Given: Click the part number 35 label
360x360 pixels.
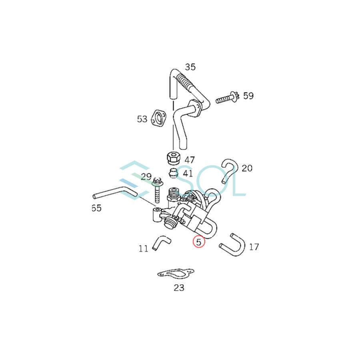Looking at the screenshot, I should pyautogui.click(x=190, y=67).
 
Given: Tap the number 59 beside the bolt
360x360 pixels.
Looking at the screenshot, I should pyautogui.click(x=248, y=96).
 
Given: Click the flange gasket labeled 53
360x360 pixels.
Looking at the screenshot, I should pyautogui.click(x=160, y=119).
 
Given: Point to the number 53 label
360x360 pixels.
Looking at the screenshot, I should pyautogui.click(x=142, y=119).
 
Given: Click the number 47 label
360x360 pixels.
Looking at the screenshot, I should pyautogui.click(x=190, y=160).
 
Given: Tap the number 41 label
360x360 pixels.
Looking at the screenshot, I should pyautogui.click(x=188, y=174).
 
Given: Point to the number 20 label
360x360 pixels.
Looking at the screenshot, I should pyautogui.click(x=247, y=168).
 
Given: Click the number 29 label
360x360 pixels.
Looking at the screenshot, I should pyautogui.click(x=146, y=176).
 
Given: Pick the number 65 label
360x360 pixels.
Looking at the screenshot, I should pyautogui.click(x=96, y=208).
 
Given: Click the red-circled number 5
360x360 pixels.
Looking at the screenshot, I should pyautogui.click(x=199, y=242).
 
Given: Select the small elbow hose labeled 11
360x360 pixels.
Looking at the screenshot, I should pyautogui.click(x=161, y=242).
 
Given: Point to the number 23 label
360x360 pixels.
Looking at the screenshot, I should pyautogui.click(x=179, y=288).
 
